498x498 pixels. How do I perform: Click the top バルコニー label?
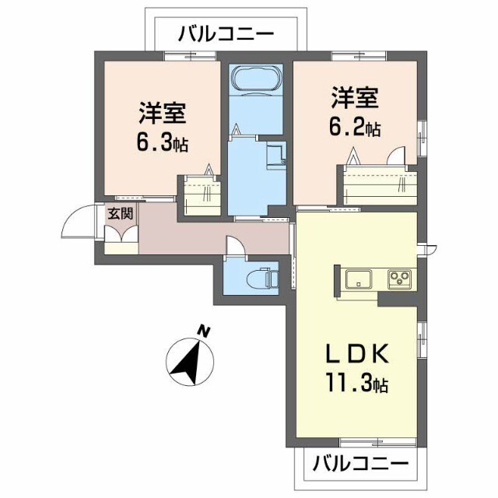tap(226, 34)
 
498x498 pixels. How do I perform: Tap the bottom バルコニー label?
tap(361, 465)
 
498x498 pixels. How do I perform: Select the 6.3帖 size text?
tap(163, 143)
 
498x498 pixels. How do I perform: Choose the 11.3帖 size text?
tap(356, 384)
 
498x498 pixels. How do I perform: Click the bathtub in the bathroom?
tap(254, 81)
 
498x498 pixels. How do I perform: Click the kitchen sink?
tap(359, 278)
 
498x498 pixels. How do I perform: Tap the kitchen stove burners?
tap(400, 277)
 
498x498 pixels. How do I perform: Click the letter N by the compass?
tap(205, 331)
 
